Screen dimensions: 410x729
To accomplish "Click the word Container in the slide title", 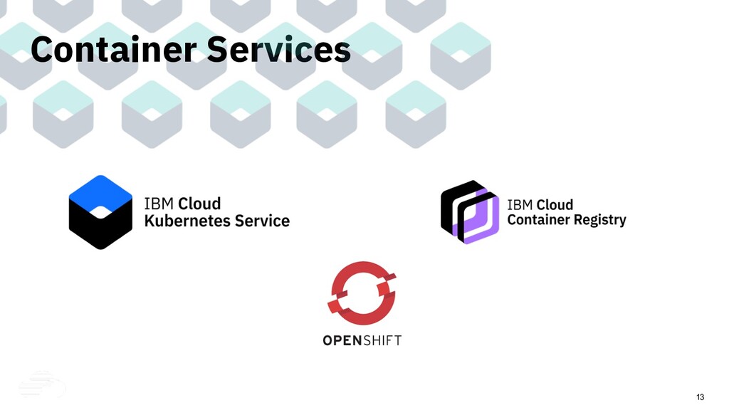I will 113,50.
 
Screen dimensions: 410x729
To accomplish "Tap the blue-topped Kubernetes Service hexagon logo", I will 100,212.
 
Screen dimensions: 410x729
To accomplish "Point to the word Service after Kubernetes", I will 263,221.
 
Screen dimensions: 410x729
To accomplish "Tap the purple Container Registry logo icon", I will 468,211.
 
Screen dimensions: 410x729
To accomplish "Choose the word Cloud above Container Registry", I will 555,205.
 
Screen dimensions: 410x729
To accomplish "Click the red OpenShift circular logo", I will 362,293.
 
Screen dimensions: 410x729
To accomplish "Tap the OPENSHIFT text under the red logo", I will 362,340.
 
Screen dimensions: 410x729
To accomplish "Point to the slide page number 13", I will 700,396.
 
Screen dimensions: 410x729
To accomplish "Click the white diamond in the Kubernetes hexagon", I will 100,211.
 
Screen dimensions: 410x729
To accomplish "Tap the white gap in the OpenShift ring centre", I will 362,293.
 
